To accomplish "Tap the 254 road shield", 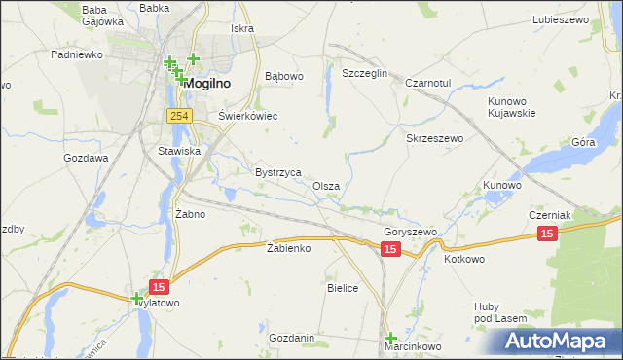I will tap(177, 116).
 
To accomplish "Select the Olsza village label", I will tap(326, 186).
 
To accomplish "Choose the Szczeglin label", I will tap(365, 74).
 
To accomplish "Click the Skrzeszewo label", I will tap(434, 139).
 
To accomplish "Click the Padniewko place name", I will tap(77, 55).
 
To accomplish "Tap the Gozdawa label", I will tap(86, 158).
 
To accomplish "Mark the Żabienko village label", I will tap(288, 248).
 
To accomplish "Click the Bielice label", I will tap(343, 288).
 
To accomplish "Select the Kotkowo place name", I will tap(464, 260).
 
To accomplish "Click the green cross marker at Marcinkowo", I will tap(390, 336).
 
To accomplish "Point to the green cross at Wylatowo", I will tap(137, 299).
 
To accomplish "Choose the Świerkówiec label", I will tap(248, 116).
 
